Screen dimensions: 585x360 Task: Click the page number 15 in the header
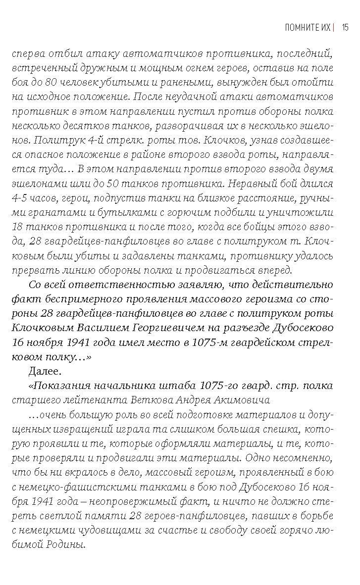345,27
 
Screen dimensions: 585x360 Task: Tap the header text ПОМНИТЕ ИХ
308,27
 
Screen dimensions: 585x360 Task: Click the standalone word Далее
43,371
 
